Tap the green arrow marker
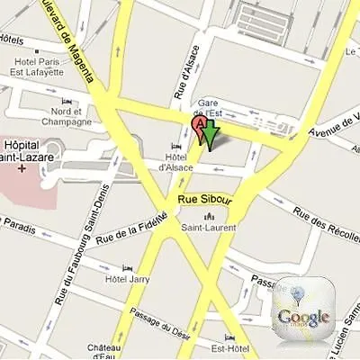point(210,135)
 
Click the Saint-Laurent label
point(211,228)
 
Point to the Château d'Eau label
point(104,349)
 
